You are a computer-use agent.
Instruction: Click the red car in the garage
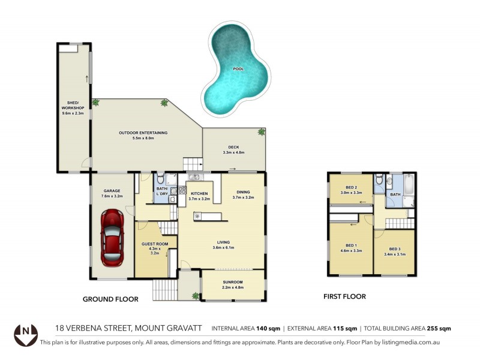pyautogui.click(x=112, y=238)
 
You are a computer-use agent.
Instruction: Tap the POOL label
pyautogui.click(x=238, y=70)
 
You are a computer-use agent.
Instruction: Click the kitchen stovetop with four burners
pyautogui.click(x=174, y=191)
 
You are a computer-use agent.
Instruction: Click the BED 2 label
pyautogui.click(x=352, y=187)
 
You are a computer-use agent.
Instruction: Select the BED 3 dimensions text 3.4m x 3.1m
pyautogui.click(x=394, y=254)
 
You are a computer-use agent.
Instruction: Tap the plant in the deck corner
pyautogui.click(x=261, y=131)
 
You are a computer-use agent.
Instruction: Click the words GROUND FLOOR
pyautogui.click(x=110, y=299)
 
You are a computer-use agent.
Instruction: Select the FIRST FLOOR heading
pyautogui.click(x=344, y=296)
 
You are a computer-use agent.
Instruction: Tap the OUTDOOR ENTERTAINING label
pyautogui.click(x=143, y=133)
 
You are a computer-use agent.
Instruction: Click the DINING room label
pyautogui.click(x=243, y=191)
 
